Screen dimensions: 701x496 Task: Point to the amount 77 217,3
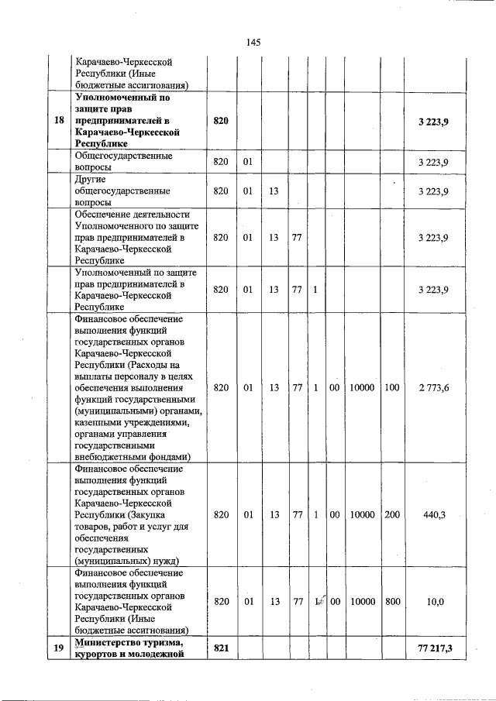[x=434, y=648]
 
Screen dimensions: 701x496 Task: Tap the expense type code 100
[x=391, y=387]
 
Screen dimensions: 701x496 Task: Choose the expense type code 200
[x=391, y=515]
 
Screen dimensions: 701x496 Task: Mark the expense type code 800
[x=391, y=602]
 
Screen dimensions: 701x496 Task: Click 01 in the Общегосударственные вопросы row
[x=248, y=161]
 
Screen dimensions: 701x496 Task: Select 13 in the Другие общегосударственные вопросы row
[x=274, y=191]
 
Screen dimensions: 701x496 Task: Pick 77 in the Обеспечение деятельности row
[x=298, y=238]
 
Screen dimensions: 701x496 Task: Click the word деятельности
[x=160, y=215]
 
